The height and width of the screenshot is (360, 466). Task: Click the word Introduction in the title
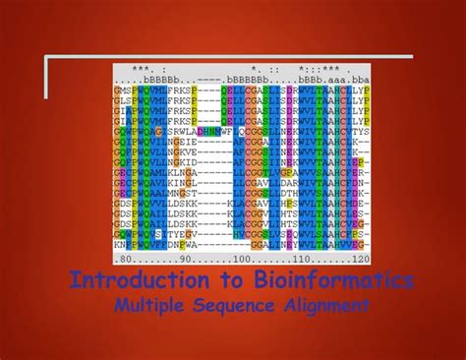122,281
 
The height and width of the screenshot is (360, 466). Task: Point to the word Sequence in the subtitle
235,306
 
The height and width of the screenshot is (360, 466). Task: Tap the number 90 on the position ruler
182,258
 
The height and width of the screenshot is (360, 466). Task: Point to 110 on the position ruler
308,258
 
